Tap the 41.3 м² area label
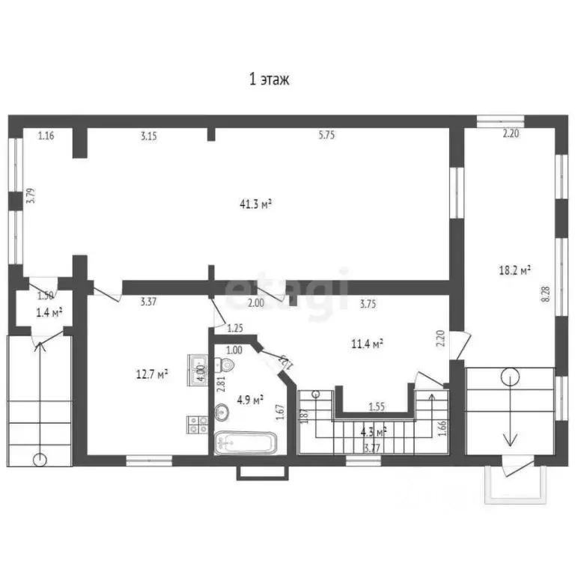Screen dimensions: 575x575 pos(255,203)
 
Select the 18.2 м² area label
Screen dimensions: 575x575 pos(515,270)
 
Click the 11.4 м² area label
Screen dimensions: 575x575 pos(368,344)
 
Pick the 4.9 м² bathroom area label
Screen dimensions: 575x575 pos(249,401)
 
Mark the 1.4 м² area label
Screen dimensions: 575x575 pos(49,311)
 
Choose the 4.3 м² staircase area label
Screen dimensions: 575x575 pos(373,432)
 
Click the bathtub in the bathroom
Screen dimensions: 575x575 pos(246,442)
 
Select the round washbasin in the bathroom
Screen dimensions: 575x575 pos(222,411)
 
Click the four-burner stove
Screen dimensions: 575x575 pos(198,425)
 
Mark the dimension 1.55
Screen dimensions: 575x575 pos(377,407)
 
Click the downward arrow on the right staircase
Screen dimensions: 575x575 pos(509,416)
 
